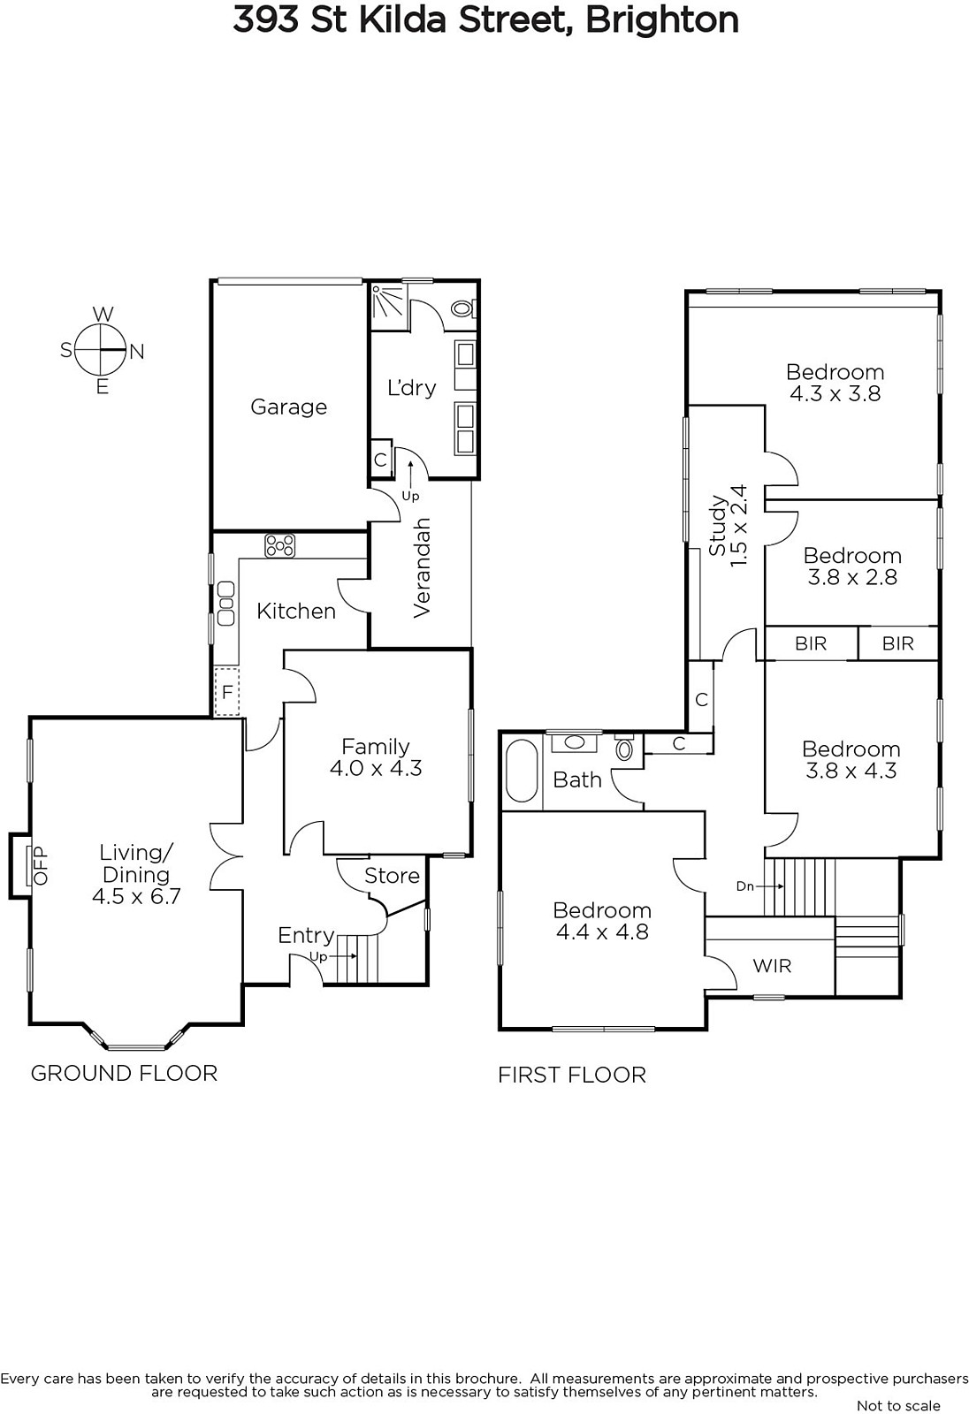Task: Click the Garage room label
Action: click(289, 407)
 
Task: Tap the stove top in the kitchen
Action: click(280, 545)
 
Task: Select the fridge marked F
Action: click(226, 692)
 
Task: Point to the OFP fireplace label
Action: click(41, 865)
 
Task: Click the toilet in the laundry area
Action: click(464, 308)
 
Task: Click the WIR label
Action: click(772, 966)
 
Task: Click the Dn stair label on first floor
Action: click(745, 886)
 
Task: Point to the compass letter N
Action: click(137, 352)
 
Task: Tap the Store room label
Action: click(392, 876)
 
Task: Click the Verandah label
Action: click(422, 568)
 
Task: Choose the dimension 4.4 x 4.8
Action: click(602, 931)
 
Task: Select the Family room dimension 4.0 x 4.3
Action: click(376, 768)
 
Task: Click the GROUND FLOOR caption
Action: click(124, 1073)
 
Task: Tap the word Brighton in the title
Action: click(662, 19)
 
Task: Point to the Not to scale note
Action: click(898, 1405)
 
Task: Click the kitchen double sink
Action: click(225, 604)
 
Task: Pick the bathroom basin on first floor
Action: click(574, 742)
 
